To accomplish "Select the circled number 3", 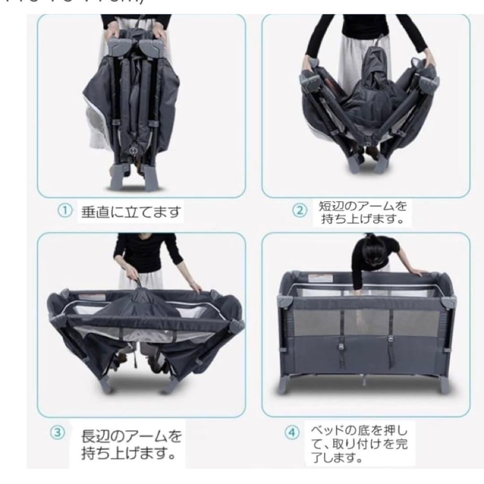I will click(57, 432).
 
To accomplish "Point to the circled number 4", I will click(292, 432).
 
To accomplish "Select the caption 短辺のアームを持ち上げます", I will click(363, 213).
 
